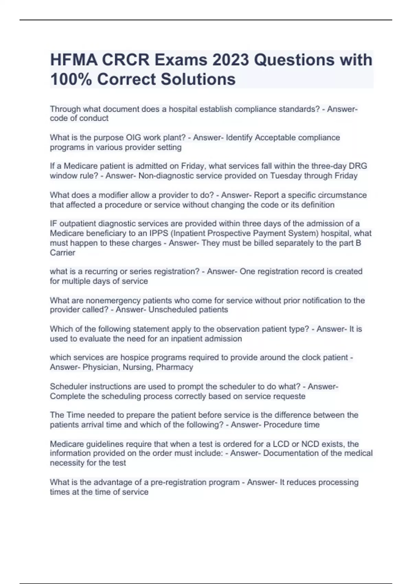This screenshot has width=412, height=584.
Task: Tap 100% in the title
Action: (x=71, y=79)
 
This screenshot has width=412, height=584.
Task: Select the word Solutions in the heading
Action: (x=198, y=79)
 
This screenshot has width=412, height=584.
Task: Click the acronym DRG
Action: (x=358, y=166)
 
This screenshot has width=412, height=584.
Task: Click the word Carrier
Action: (x=62, y=253)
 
